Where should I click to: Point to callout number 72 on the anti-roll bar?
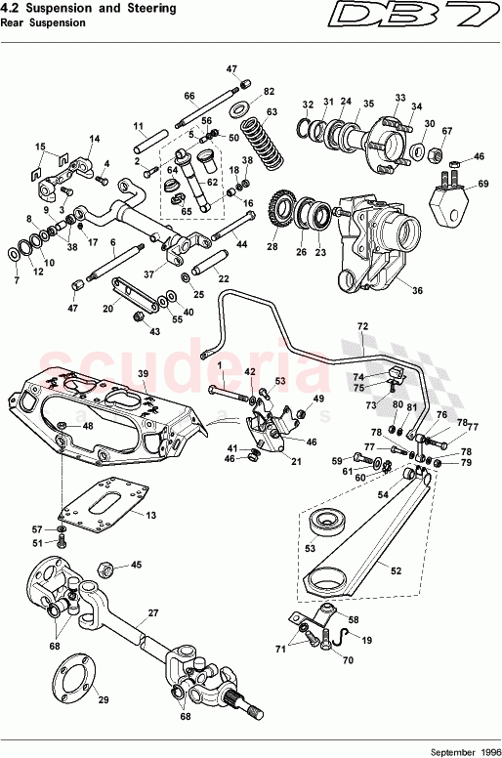(x=362, y=325)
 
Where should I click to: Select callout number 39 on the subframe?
(x=142, y=374)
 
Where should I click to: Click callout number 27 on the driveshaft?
(x=152, y=614)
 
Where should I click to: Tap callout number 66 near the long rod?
(x=190, y=96)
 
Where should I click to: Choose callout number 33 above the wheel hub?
(x=399, y=98)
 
